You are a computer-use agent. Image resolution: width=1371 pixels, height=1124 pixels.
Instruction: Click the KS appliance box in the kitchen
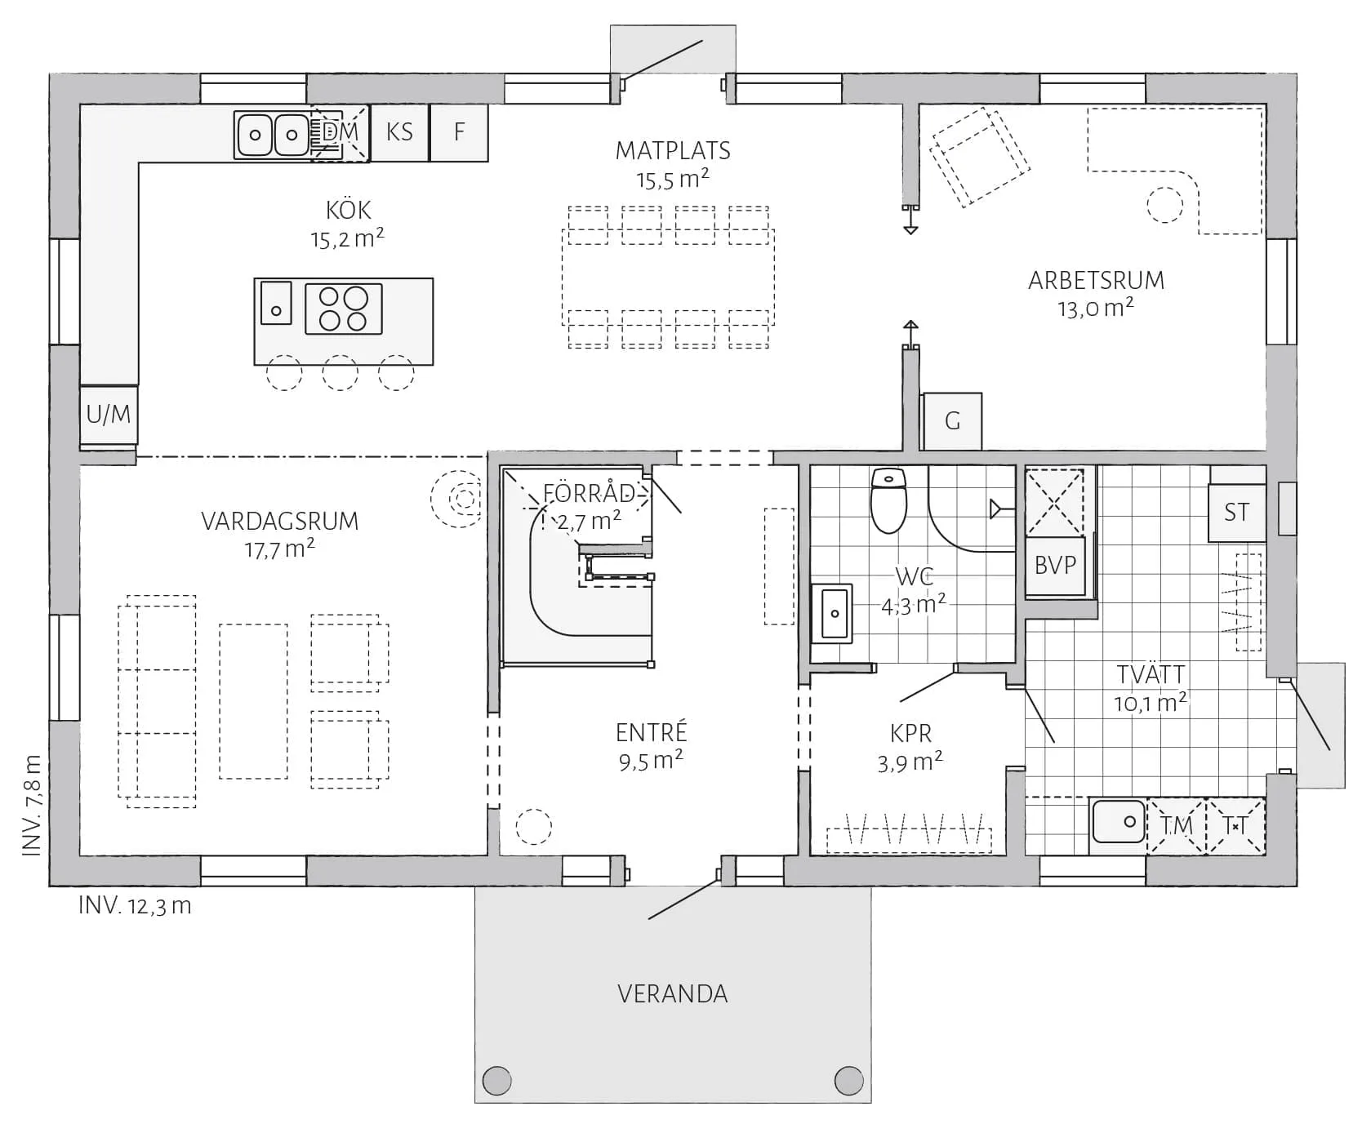coord(399,132)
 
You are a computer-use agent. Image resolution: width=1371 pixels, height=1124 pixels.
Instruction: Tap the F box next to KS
coord(459,132)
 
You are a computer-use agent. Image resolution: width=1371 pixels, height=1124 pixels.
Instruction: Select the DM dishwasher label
coord(341,131)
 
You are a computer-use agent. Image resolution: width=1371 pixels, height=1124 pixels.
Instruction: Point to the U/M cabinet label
coord(109,415)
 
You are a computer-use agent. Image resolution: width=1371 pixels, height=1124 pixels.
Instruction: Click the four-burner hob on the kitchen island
coord(344,309)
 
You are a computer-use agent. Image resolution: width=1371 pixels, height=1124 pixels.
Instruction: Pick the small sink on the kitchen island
coord(276,302)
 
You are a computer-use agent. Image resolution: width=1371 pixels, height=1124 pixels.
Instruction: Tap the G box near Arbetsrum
coord(952,421)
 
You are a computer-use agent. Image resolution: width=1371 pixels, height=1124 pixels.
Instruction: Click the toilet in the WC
coord(889,499)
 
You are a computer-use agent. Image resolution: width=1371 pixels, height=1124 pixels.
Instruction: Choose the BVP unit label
coord(1055,565)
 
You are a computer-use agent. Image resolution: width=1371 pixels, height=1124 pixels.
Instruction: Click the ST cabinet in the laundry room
coord(1236,513)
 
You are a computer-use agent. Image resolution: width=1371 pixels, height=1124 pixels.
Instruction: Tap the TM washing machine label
coord(1177,826)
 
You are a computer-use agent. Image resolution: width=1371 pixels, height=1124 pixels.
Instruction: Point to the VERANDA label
coord(673,993)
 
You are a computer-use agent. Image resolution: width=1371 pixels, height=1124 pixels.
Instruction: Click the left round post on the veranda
coord(496,1081)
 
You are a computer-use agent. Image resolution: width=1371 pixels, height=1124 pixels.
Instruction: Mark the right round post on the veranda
coord(849,1081)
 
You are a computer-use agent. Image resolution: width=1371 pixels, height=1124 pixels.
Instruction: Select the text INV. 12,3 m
coord(135,905)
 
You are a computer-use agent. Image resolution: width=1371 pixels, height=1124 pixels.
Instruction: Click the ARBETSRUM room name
coord(1096,281)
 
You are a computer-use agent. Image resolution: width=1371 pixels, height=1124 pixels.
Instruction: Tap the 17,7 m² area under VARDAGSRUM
coord(279,549)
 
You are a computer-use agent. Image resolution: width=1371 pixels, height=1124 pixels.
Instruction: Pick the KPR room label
coord(910,733)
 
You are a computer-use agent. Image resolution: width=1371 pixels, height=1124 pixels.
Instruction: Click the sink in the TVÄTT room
coord(1119,821)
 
